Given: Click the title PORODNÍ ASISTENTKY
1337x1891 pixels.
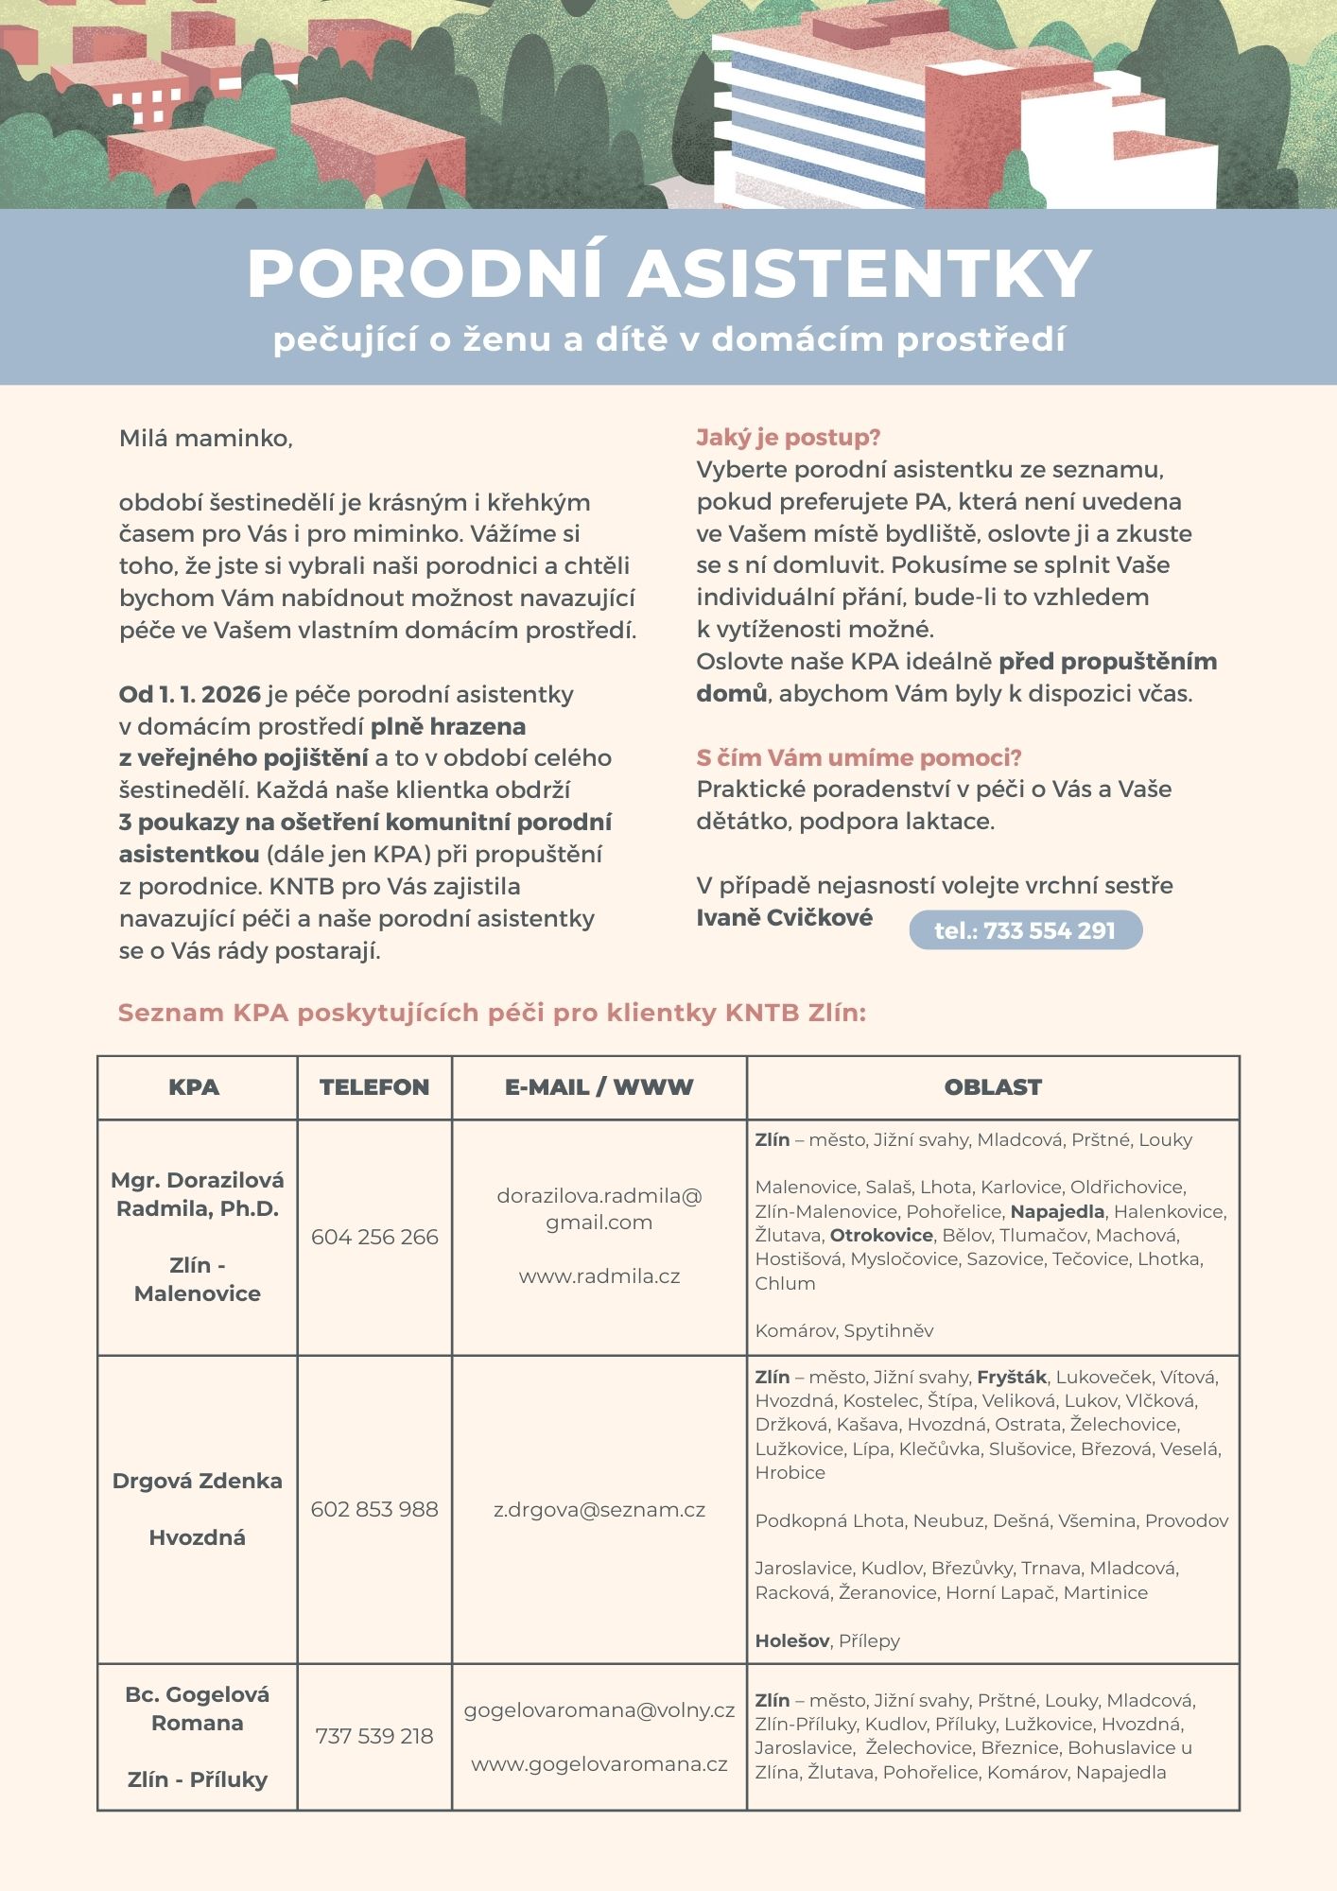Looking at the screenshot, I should tap(668, 274).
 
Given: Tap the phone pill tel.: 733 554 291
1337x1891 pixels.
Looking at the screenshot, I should tap(1025, 930).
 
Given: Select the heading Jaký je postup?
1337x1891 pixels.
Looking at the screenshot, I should tap(788, 438).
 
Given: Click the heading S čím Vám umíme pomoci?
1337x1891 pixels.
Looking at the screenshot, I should tap(859, 757).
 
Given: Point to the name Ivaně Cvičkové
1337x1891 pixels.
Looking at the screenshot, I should tap(784, 917).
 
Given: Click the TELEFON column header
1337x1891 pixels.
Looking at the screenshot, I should tap(374, 1087).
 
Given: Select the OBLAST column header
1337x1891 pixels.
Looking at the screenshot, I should tap(992, 1087).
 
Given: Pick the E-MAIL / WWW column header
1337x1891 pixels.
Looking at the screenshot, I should tap(599, 1087).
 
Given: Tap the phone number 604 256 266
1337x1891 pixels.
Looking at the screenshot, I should tap(374, 1237).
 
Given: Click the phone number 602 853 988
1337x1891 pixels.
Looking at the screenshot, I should tap(374, 1509).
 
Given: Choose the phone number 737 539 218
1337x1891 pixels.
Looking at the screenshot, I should tap(374, 1736).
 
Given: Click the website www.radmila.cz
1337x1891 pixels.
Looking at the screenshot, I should tap(599, 1276).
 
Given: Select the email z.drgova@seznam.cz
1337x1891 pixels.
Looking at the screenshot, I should tap(599, 1510).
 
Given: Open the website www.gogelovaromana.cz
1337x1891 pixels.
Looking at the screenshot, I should tap(599, 1764).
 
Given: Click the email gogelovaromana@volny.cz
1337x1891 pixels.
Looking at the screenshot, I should tap(599, 1710).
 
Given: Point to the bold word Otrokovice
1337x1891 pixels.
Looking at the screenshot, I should tap(881, 1235).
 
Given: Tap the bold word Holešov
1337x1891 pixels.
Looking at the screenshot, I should tap(792, 1640).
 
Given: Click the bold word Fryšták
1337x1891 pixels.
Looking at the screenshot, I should tap(1011, 1377).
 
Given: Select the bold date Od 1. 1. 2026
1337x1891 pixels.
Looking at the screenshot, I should tap(189, 694).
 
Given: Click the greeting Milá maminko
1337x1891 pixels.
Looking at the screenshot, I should tap(205, 439).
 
